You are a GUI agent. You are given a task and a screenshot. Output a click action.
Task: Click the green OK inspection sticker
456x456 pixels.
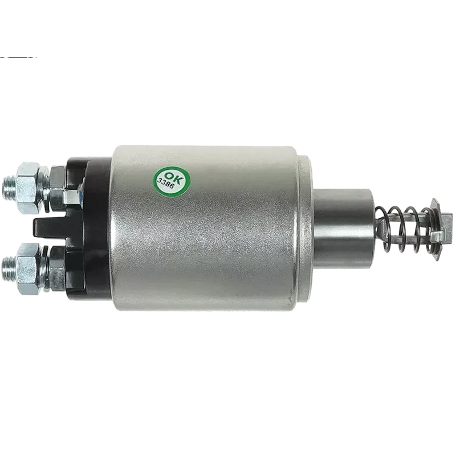pos(169,180)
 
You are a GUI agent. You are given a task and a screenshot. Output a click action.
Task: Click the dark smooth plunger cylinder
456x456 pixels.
pos(342,225)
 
